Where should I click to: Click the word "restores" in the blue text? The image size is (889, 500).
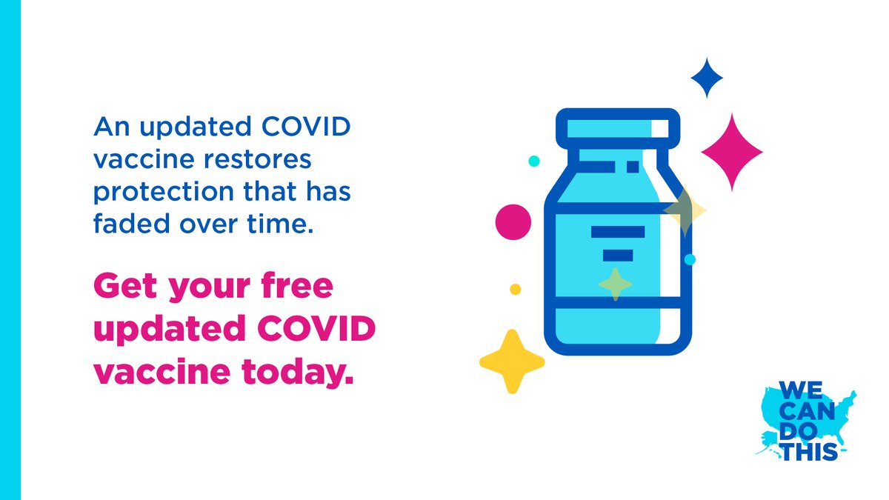coord(257,159)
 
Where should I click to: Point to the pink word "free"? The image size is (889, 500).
coord(297,286)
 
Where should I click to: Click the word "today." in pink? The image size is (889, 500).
coord(297,373)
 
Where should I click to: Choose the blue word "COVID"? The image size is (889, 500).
coord(306,127)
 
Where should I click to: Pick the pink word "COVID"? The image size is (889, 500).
coord(316,328)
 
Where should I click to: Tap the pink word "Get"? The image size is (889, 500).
coord(125,286)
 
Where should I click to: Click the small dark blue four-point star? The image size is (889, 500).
coord(707,78)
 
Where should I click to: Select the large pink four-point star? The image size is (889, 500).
coord(732,152)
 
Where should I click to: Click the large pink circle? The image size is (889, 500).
coord(513,221)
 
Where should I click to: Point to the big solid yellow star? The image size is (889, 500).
coord(512,361)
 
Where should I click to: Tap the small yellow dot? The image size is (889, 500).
coord(515,290)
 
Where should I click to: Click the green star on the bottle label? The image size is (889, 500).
coord(616,284)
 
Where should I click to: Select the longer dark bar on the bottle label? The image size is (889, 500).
coord(618,232)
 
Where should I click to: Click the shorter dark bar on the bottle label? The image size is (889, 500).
coord(618,255)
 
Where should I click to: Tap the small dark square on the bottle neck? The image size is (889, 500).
coord(633,167)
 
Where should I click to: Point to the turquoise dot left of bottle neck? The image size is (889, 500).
coord(534,161)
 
